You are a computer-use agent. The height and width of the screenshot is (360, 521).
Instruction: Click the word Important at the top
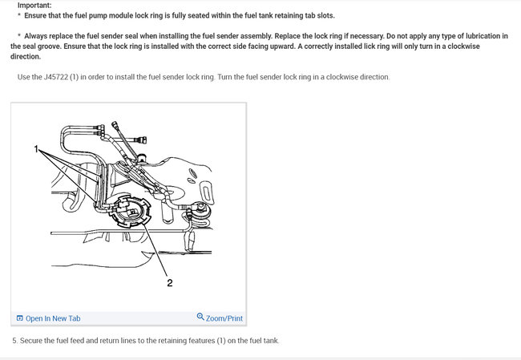(34, 5)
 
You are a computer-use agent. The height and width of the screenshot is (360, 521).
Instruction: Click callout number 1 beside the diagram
(37, 149)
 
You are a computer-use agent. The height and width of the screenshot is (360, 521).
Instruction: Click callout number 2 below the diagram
(169, 281)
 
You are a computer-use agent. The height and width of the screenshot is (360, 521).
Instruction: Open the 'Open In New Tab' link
(53, 318)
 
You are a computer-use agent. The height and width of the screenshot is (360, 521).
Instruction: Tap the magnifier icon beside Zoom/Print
(200, 318)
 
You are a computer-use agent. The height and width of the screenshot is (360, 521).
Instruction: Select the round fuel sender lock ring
(129, 212)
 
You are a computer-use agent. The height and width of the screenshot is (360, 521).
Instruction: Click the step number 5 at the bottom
(14, 341)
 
